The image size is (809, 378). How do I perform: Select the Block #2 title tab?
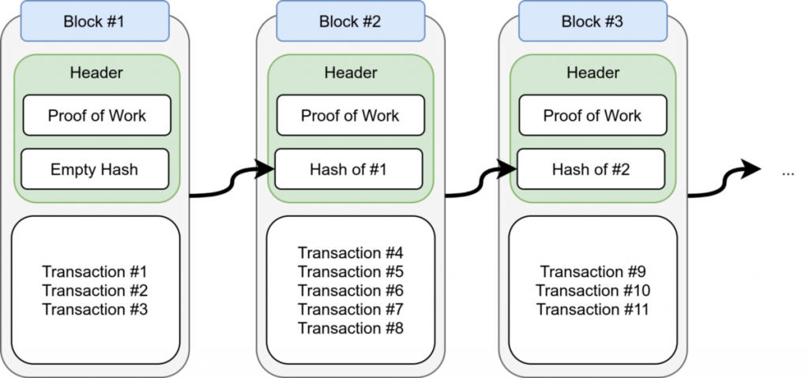350,21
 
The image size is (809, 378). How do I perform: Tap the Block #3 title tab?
593,21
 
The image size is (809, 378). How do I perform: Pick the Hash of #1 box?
350,169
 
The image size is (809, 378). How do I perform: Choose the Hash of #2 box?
593,169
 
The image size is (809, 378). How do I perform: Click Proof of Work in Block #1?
96,115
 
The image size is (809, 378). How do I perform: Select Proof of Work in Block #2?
350,115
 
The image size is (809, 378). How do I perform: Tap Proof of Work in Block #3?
593,115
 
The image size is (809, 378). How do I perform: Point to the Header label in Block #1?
96,73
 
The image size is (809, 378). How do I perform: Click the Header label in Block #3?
593,73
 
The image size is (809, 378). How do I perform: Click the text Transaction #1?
95,271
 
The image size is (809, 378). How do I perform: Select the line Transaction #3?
95,309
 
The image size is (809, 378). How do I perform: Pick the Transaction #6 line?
350,290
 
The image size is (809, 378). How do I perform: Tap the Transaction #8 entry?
350,328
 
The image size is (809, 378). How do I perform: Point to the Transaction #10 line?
593,290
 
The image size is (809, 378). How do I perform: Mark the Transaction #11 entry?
593,309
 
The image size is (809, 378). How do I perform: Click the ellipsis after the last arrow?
787,172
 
